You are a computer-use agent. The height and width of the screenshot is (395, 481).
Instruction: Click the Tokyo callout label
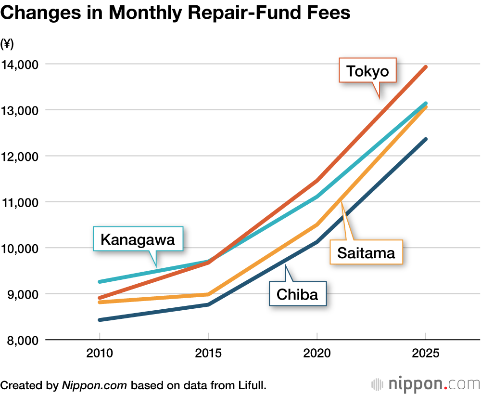(x=367, y=72)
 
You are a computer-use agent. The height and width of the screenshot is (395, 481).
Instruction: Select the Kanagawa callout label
(x=138, y=239)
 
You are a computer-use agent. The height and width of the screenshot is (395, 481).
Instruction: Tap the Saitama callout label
(x=366, y=253)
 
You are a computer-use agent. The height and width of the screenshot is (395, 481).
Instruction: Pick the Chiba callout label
(x=298, y=294)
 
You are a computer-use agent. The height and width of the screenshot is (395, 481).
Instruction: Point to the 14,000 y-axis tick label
(x=20, y=64)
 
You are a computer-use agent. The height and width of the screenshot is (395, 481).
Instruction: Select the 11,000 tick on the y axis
(x=20, y=202)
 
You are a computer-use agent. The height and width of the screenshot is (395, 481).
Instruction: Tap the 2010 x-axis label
(x=100, y=354)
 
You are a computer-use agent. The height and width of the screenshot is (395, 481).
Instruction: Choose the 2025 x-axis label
(x=426, y=354)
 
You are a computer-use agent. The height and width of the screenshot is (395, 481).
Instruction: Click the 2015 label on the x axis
(x=208, y=354)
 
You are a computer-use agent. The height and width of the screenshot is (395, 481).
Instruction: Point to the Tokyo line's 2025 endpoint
(x=426, y=67)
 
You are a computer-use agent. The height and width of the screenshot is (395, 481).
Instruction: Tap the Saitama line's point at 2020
(x=317, y=224)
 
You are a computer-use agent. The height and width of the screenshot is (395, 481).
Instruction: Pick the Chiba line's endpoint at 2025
(x=426, y=139)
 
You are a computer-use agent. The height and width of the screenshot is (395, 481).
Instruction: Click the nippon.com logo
(x=425, y=384)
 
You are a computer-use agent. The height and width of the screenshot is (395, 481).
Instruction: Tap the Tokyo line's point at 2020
(x=317, y=181)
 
